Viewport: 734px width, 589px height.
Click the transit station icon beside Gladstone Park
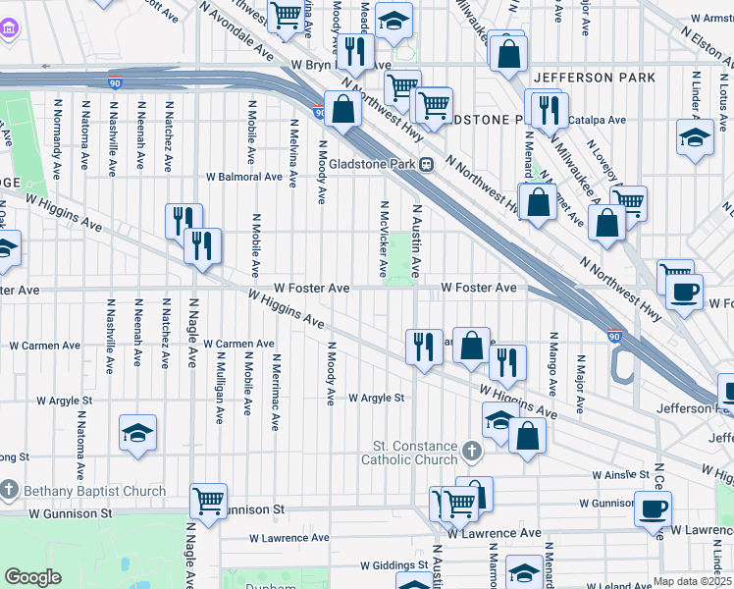click(427, 164)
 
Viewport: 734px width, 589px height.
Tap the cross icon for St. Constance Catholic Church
click(472, 452)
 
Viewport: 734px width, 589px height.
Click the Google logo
click(32, 577)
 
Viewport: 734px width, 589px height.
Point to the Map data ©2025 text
click(692, 581)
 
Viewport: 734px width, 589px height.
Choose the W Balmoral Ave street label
click(244, 178)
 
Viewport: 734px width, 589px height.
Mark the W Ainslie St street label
click(623, 475)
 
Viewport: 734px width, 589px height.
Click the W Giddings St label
click(396, 566)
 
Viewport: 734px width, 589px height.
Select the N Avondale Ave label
click(235, 30)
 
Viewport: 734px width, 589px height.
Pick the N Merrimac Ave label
click(278, 391)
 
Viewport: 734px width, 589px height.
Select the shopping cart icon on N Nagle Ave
click(209, 501)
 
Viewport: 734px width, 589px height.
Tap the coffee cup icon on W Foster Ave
click(684, 290)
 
